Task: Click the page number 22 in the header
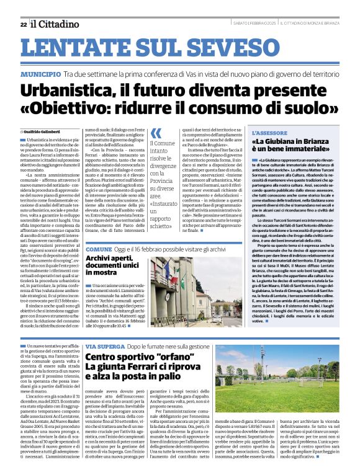pyautogui.click(x=23, y=24)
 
